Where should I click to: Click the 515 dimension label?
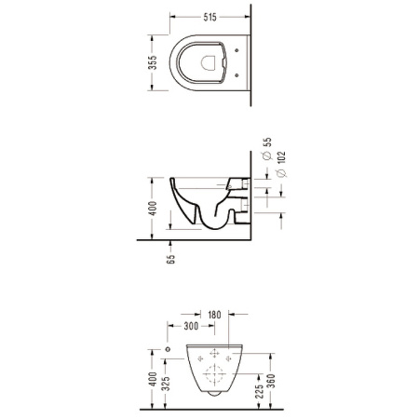209,17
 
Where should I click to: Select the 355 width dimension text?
153,62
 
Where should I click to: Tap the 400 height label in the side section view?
153,208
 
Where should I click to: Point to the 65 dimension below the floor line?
170,259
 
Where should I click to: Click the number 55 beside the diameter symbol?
267,142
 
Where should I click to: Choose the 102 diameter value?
281,156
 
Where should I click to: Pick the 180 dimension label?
214,315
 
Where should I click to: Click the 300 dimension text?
191,326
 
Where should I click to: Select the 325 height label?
167,384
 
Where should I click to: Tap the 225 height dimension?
260,391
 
